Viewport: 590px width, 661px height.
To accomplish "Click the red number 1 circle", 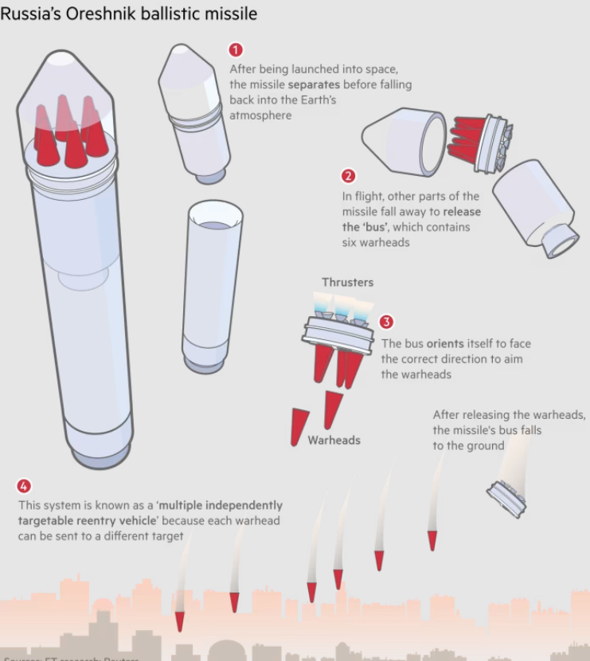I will click(236, 50).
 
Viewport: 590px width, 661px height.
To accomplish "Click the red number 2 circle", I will click(348, 176).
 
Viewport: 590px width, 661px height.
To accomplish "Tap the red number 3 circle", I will click(386, 323).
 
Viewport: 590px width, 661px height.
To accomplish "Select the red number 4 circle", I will click(24, 486).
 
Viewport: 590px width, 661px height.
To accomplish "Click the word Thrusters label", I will click(347, 283).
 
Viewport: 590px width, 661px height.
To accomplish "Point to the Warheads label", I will click(334, 440).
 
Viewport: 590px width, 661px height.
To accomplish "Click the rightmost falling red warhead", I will click(432, 541).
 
